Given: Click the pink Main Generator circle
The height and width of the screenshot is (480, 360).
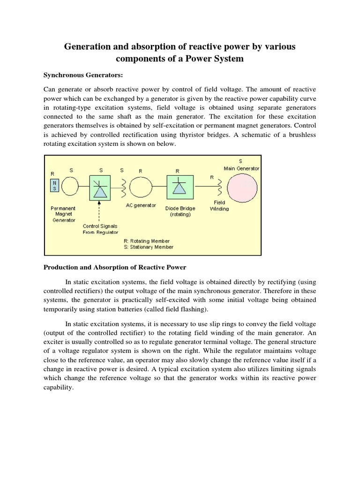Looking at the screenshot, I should tap(242, 187).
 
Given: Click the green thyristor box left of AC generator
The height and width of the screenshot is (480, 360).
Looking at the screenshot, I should tap(100, 187).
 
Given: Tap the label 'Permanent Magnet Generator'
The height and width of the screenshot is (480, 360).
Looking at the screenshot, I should tap(63, 214).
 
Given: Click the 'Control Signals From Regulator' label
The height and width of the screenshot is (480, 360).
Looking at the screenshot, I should tap(100, 229).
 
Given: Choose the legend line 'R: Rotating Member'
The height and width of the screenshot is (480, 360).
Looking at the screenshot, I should tap(147, 241).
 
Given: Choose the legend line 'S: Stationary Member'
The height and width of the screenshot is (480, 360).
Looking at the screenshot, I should tap(148, 247).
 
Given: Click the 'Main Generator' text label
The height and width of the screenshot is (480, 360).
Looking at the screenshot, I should tap(241, 168).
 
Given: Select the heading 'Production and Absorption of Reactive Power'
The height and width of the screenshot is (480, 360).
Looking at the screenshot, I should tap(115, 267).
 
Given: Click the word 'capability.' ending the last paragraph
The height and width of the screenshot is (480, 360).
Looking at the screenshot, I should tap(59, 388).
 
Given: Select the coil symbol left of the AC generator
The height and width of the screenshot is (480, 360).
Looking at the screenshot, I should tap(123, 187).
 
